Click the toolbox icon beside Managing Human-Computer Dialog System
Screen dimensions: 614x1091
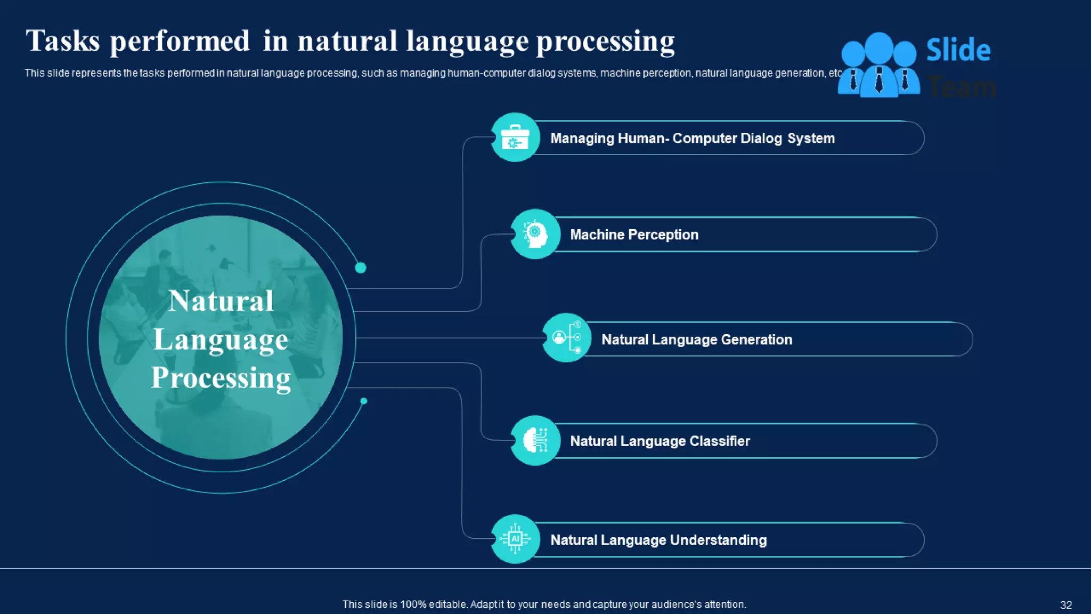pos(515,138)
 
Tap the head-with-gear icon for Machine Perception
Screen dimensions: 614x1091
pos(535,234)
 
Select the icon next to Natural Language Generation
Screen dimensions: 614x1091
pos(566,337)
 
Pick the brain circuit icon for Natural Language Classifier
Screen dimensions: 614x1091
pos(535,440)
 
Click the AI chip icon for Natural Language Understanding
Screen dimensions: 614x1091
pos(515,539)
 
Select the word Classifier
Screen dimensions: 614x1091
pos(719,441)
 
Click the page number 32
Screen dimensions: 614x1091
pos(1065,605)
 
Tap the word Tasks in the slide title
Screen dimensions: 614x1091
pos(63,42)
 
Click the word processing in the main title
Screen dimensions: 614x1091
pos(605,42)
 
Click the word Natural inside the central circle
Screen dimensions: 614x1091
pos(221,301)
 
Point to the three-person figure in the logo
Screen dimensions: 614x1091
pos(878,66)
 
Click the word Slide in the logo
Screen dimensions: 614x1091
pos(958,50)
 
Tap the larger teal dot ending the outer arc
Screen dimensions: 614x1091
pos(361,268)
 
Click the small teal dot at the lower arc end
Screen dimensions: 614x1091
pos(364,401)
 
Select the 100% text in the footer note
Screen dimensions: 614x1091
pos(413,604)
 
